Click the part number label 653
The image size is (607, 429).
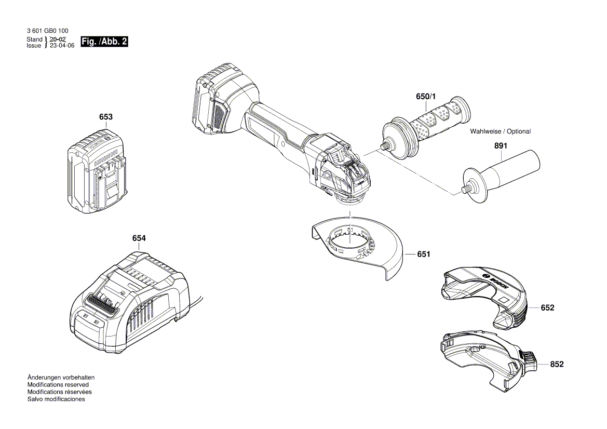point(105,117)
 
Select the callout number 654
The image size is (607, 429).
point(139,238)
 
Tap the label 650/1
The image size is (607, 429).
point(426,97)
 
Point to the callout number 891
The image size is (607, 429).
point(500,146)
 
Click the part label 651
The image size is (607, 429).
point(424,254)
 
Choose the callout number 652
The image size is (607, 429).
point(547,308)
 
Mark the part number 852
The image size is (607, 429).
point(556,365)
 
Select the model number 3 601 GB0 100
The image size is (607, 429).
point(47,32)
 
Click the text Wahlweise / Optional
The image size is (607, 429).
point(500,131)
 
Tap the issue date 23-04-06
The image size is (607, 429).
point(62,46)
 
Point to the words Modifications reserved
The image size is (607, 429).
point(58,385)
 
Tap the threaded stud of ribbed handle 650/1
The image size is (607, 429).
point(385,146)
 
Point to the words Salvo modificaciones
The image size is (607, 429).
point(56,399)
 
